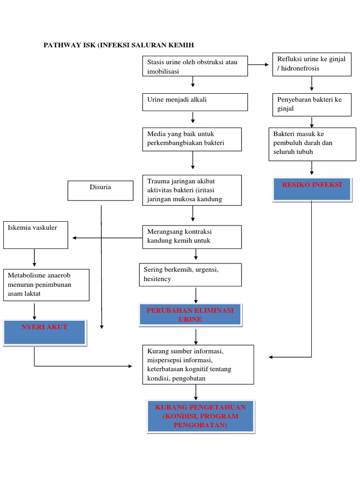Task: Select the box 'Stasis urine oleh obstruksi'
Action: pyautogui.click(x=195, y=67)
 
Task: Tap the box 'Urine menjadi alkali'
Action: pyautogui.click(x=195, y=102)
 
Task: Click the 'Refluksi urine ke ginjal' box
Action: pyautogui.click(x=312, y=64)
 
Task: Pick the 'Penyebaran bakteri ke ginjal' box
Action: pyautogui.click(x=312, y=105)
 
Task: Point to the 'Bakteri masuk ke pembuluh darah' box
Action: pyautogui.click(x=312, y=144)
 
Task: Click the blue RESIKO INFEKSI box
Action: pyautogui.click(x=312, y=189)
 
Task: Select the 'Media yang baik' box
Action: pyautogui.click(x=192, y=139)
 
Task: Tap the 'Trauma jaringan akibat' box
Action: pyautogui.click(x=192, y=190)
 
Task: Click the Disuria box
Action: pyautogui.click(x=100, y=190)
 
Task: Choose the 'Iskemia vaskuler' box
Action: pyautogui.click(x=36, y=235)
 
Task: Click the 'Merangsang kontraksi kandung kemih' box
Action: pyautogui.click(x=192, y=237)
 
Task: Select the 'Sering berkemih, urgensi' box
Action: pyautogui.click(x=190, y=275)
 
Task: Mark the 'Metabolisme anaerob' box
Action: pyautogui.click(x=46, y=285)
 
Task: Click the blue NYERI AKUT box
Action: pyautogui.click(x=45, y=332)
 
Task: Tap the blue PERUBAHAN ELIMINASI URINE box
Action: pyautogui.click(x=190, y=315)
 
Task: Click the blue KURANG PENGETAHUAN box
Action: pyautogui.click(x=200, y=416)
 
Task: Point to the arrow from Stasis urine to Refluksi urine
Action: pyautogui.click(x=260, y=64)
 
